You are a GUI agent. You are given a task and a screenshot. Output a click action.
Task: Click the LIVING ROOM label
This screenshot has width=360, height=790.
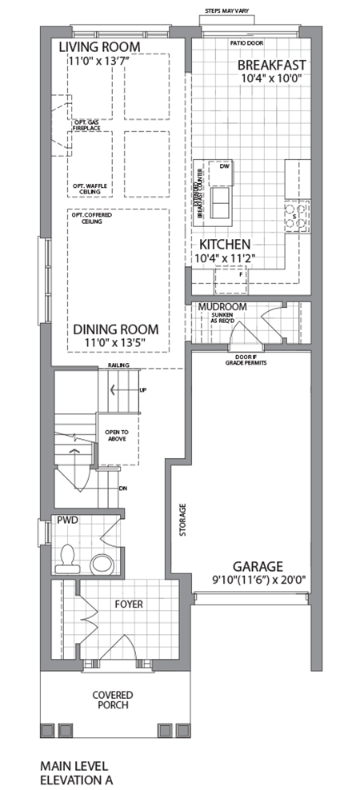tap(100, 48)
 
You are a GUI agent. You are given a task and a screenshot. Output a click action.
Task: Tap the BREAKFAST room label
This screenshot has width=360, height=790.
tap(273, 65)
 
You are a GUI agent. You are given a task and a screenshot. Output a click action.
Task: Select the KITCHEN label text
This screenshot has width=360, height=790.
tap(226, 244)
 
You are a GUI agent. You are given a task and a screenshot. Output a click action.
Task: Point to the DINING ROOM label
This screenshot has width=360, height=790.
tap(116, 329)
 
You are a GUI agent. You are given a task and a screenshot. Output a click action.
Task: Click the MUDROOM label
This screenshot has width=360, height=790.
tap(222, 307)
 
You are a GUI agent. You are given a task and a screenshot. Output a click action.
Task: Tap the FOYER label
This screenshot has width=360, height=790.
tap(128, 604)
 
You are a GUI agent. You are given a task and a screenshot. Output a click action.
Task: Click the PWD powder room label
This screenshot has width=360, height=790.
tap(66, 520)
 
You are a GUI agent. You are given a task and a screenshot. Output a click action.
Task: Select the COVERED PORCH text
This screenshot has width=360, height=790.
tap(112, 700)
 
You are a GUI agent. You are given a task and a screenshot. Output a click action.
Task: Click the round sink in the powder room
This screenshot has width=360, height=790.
tap(102, 563)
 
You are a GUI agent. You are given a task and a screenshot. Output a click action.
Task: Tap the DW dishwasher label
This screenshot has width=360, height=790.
tap(224, 167)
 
